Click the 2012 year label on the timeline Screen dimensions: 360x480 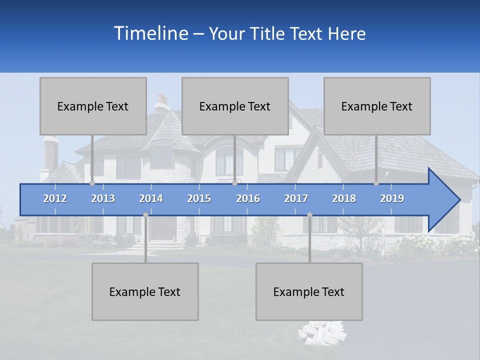tap(55, 198)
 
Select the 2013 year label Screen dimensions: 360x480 tap(103, 198)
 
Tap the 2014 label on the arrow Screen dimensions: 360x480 tap(151, 198)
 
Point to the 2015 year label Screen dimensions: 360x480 tap(199, 198)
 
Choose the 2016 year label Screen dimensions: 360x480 tap(248, 198)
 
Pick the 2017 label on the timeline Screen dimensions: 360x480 tap(296, 198)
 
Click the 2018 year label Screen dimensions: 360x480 tap(344, 198)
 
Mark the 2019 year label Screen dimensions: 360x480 tap(392, 198)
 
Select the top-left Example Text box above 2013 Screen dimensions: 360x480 tap(93, 106)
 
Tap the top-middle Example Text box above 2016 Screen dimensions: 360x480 tap(235, 106)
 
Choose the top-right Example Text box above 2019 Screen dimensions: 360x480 tap(377, 106)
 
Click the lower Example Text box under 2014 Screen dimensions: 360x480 tap(145, 291)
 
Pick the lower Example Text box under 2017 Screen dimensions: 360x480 tap(309, 291)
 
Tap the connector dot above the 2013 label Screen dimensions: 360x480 tap(92, 183)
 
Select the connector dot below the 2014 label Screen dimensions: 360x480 tap(145, 215)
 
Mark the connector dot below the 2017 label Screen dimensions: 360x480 tap(309, 215)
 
